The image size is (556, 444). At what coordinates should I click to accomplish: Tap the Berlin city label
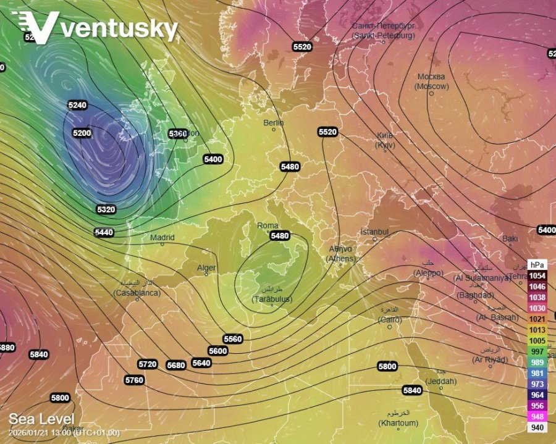pyautogui.click(x=274, y=123)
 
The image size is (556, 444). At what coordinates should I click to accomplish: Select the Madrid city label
pyautogui.click(x=162, y=237)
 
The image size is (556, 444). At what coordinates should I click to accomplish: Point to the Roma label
pyautogui.click(x=267, y=226)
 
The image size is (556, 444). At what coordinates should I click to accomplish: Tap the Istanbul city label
pyautogui.click(x=374, y=232)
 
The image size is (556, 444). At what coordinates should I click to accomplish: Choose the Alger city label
pyautogui.click(x=206, y=267)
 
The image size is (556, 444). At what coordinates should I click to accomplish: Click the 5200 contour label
pyautogui.click(x=82, y=133)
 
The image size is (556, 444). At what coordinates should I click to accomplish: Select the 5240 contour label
pyautogui.click(x=77, y=105)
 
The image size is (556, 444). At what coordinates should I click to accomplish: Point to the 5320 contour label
pyautogui.click(x=106, y=209)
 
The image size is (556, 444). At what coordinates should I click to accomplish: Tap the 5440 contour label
pyautogui.click(x=104, y=232)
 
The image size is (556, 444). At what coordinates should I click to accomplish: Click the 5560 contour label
pyautogui.click(x=233, y=339)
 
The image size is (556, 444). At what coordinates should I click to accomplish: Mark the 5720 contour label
pyautogui.click(x=148, y=364)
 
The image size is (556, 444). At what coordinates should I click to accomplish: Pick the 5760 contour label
pyautogui.click(x=134, y=380)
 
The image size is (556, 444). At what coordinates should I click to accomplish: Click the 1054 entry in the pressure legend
pyautogui.click(x=537, y=275)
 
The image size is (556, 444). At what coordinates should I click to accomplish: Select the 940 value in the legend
pyautogui.click(x=537, y=427)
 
